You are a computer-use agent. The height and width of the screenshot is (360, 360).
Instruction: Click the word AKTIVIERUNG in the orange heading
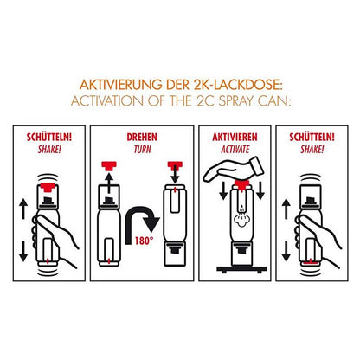tap(121, 85)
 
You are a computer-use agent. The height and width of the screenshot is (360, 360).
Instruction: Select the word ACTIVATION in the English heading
tap(106, 101)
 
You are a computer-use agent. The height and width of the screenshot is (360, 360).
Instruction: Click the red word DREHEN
tap(142, 138)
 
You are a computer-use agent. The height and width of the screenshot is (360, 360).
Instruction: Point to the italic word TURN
tap(142, 150)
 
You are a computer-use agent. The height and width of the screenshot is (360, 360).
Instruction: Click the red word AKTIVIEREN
tap(235, 138)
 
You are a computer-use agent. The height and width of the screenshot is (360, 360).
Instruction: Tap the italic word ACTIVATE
tap(235, 150)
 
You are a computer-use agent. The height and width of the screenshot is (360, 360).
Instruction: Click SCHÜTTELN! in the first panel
tap(49, 137)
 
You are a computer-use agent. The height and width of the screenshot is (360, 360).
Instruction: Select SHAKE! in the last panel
tap(312, 150)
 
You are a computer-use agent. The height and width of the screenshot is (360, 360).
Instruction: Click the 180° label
tap(144, 241)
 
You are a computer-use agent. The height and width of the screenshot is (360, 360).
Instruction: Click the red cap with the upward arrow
tap(109, 165)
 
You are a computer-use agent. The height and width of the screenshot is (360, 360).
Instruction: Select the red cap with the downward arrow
tap(175, 165)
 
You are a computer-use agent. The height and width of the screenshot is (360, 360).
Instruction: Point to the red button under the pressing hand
tap(241, 184)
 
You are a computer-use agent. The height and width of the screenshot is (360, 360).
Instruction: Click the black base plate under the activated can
tap(241, 269)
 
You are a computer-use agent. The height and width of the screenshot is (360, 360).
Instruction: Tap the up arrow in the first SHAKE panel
tap(23, 209)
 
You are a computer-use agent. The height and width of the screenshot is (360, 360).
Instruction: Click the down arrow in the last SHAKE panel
tap(286, 251)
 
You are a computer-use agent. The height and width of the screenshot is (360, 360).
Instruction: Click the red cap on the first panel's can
tap(48, 187)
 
